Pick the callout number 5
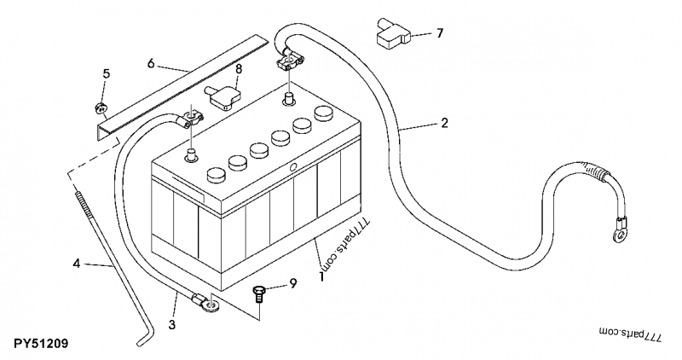[x=107, y=73]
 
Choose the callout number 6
[x=150, y=63]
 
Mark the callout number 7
[x=440, y=34]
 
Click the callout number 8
[x=239, y=68]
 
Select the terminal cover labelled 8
[x=223, y=96]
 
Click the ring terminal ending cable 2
[x=620, y=225]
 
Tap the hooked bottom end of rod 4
[x=142, y=342]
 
